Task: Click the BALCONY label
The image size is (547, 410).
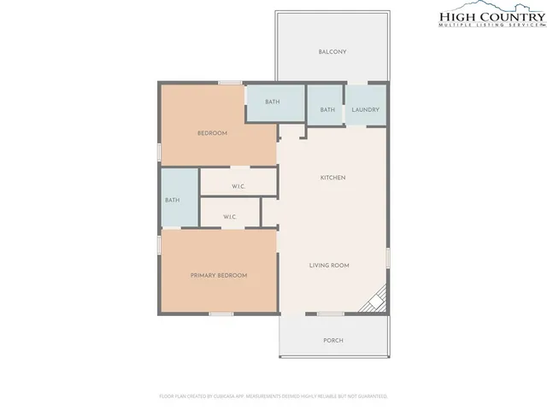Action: (332, 52)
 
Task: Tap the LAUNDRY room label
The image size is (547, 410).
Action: (366, 109)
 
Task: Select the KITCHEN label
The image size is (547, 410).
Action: (332, 178)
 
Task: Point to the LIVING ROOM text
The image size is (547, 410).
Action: (329, 266)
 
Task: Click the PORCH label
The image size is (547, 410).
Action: (332, 340)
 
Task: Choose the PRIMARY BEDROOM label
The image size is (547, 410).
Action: (219, 275)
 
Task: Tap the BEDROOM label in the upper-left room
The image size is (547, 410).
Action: (212, 133)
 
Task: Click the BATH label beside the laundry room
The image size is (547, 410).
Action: (327, 109)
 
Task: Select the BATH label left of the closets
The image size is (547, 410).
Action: (172, 201)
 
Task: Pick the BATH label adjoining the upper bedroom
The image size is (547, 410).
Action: (272, 102)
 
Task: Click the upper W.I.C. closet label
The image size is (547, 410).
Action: (239, 187)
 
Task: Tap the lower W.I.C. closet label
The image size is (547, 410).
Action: (230, 218)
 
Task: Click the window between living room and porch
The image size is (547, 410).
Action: (330, 313)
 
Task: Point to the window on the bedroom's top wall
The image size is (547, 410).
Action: (229, 82)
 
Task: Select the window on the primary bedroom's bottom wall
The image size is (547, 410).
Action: (221, 313)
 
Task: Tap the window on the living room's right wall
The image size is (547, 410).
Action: (388, 255)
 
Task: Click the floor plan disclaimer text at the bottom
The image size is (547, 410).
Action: (273, 396)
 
